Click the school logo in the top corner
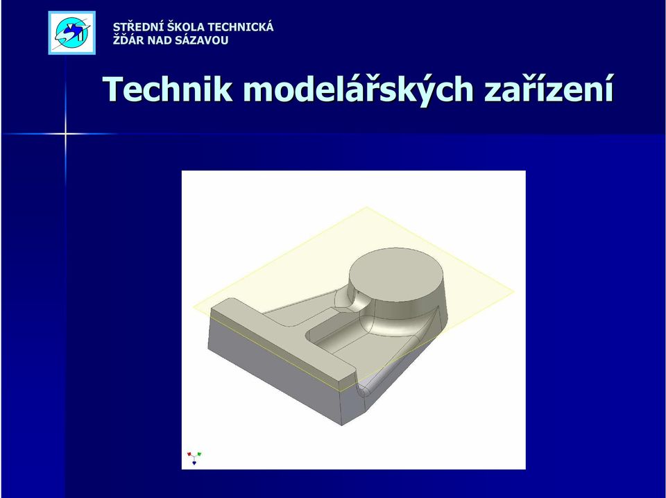(71, 33)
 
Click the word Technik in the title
(168, 89)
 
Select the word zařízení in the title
(549, 89)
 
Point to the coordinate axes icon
(194, 458)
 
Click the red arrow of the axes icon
(189, 454)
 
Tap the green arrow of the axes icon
(199, 454)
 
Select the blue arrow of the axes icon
(194, 463)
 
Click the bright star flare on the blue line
(65, 134)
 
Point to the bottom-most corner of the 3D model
(342, 425)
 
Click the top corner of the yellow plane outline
(366, 207)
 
